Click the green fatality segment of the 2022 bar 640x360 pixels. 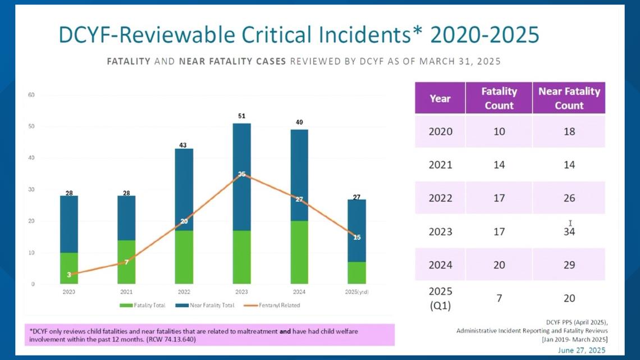(184, 257)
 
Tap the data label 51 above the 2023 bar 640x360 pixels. (242, 116)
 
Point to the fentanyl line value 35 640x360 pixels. (242, 174)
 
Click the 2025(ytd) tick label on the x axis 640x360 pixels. (357, 291)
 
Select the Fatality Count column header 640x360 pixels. (499, 98)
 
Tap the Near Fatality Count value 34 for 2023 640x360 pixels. (569, 231)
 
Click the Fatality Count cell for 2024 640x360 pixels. (499, 265)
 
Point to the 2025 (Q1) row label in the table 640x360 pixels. (440, 298)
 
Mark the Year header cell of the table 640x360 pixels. (440, 98)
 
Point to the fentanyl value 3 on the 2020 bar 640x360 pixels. (69, 275)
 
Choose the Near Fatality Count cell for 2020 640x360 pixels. (569, 131)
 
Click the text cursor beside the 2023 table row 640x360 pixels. (570, 223)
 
